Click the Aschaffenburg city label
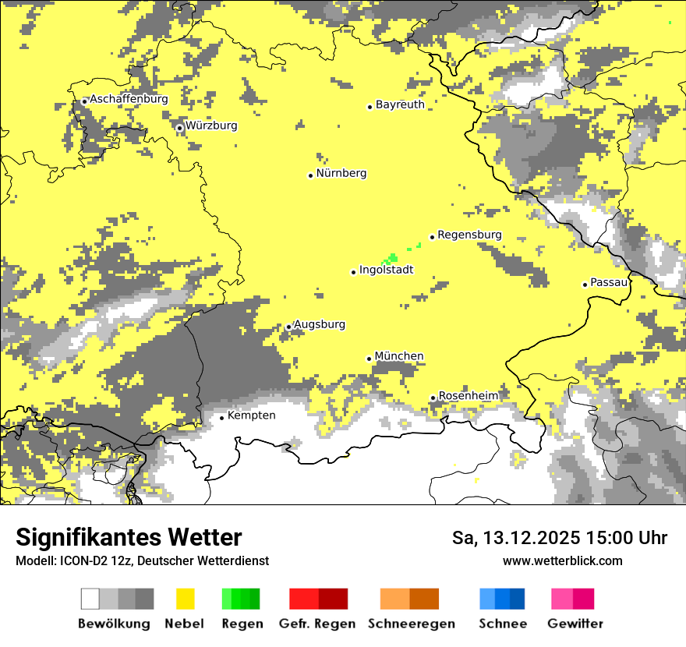coord(129,99)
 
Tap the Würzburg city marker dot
coord(179,128)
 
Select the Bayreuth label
coord(400,104)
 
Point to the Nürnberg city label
coord(341,173)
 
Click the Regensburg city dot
coord(432,237)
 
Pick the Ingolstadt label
coord(386,270)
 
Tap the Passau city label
coord(609,282)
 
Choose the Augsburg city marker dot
coord(288,327)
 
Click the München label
coord(399,356)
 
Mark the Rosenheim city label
coord(468,396)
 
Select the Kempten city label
coord(251,415)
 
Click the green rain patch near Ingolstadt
coord(392,257)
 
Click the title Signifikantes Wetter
coord(129,538)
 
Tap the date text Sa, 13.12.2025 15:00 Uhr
coord(559,538)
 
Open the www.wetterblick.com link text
coord(562,560)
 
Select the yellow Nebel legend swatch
coord(185,599)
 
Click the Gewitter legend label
coord(575,624)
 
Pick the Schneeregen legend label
coord(411,624)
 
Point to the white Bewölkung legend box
coord(90,599)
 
